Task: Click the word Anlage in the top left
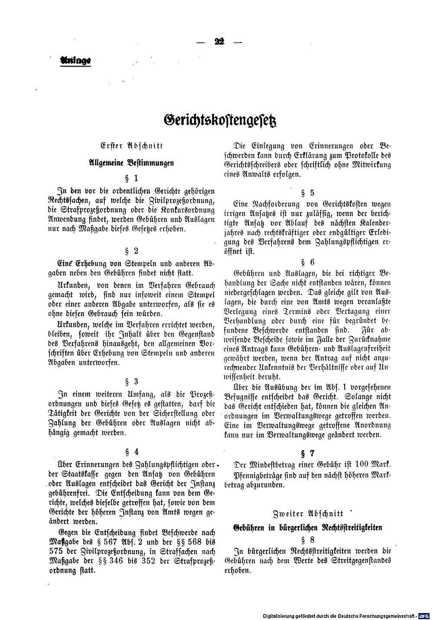coord(75,61)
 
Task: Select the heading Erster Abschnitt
coord(131,146)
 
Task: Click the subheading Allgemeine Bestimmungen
coord(131,163)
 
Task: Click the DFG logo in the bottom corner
coord(424,615)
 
